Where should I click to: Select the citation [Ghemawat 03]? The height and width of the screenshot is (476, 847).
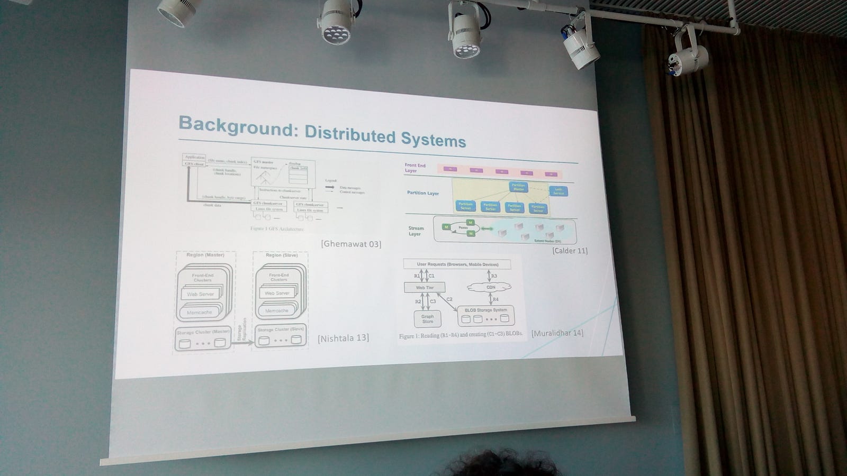tap(351, 244)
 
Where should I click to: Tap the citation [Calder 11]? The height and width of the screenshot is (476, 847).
tap(570, 251)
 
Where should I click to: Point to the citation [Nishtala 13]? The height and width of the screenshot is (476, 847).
tap(343, 338)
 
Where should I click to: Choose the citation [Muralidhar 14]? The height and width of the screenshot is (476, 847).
tap(557, 333)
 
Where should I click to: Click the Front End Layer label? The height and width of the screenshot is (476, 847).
tap(415, 168)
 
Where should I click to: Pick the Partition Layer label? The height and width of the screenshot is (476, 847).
tap(422, 193)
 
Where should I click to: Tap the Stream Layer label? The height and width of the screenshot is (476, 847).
tap(416, 231)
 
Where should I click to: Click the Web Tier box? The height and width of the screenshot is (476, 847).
tap(425, 288)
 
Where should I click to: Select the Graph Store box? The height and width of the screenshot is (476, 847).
tap(427, 319)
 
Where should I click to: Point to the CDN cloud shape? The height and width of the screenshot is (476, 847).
tap(491, 287)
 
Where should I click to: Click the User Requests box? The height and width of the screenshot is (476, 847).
tap(457, 264)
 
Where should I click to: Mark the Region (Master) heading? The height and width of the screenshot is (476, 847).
tap(205, 255)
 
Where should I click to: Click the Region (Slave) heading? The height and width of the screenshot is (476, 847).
tap(282, 255)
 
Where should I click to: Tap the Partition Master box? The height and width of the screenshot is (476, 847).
tap(518, 187)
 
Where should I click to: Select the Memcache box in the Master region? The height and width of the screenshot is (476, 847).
tap(199, 313)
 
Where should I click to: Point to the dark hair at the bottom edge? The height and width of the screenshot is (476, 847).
tap(498, 464)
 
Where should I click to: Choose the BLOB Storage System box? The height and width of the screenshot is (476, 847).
tap(485, 315)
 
